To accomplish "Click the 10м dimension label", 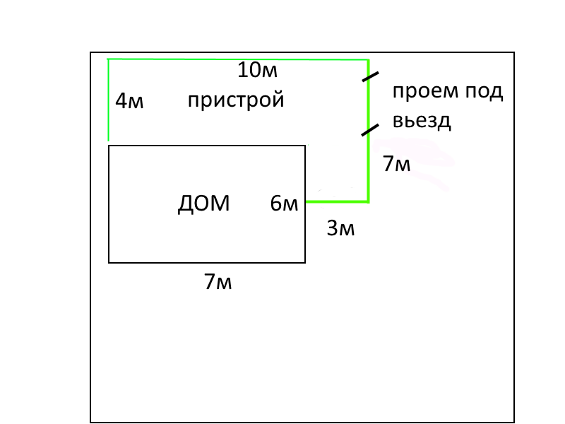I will pyautogui.click(x=257, y=71).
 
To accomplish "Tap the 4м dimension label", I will pyautogui.click(x=129, y=102).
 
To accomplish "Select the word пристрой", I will pyautogui.click(x=236, y=100).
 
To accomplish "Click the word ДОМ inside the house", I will pyautogui.click(x=203, y=204).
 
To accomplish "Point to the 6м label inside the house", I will pyautogui.click(x=285, y=204).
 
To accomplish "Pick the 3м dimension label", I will pyautogui.click(x=340, y=228).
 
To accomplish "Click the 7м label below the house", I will pyautogui.click(x=218, y=282).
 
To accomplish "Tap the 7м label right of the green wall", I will pyautogui.click(x=396, y=164).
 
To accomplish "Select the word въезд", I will pyautogui.click(x=422, y=120).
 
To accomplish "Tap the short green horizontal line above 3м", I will pyautogui.click(x=336, y=202).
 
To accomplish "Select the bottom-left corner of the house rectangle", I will pyautogui.click(x=109, y=262).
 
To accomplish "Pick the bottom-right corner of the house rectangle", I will pyautogui.click(x=305, y=262).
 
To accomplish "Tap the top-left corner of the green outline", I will pyautogui.click(x=108, y=60).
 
